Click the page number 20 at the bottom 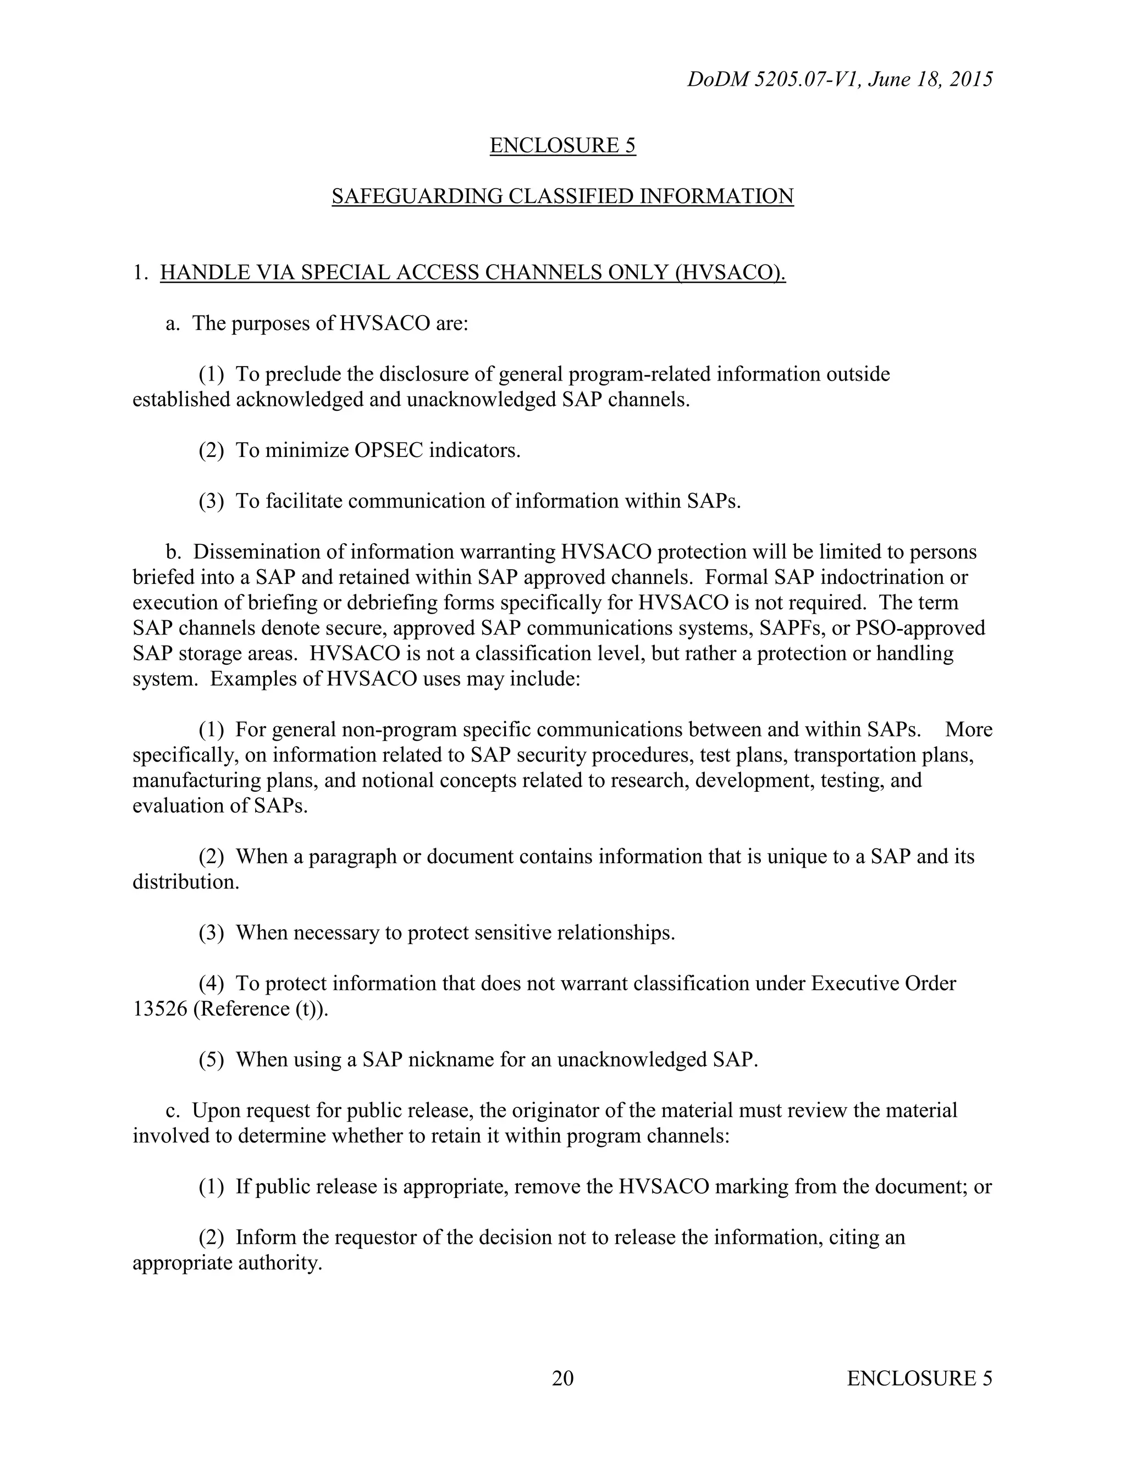(x=562, y=1378)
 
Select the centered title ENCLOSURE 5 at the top (x=562, y=146)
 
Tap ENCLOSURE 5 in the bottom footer (x=919, y=1378)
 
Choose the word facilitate (x=303, y=501)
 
